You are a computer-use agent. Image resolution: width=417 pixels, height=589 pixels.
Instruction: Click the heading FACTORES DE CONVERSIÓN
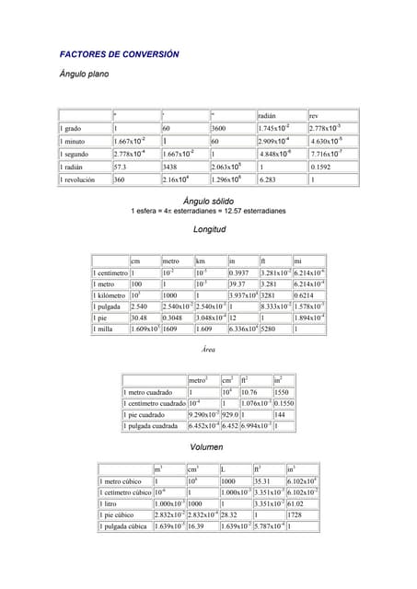point(119,54)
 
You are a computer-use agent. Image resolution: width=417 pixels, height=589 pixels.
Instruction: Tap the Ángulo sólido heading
point(208,201)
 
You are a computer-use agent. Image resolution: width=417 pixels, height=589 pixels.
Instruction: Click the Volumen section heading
point(207,446)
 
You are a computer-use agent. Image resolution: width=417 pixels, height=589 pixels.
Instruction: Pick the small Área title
point(207,350)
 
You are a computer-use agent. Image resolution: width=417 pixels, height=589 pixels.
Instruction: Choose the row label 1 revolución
point(81,180)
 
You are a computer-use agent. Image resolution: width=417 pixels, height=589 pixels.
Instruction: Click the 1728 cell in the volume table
point(296,515)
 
